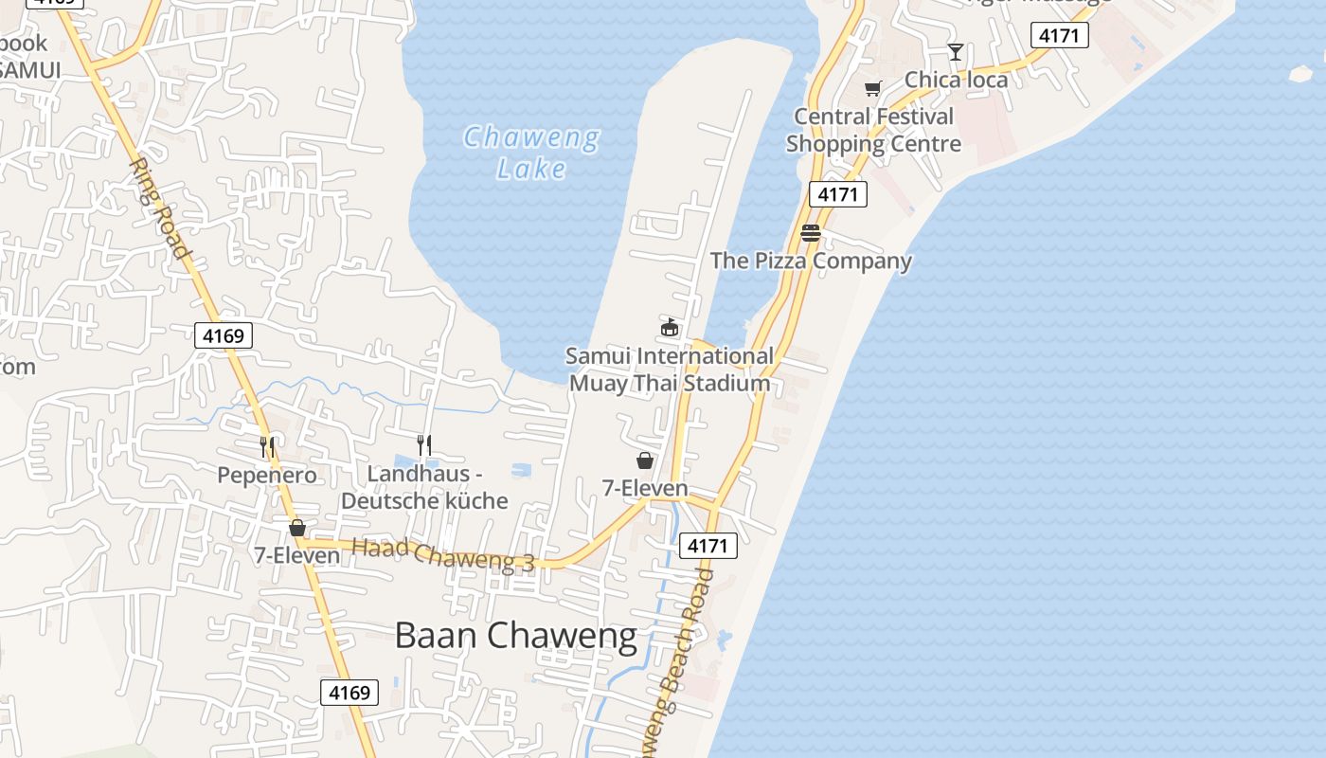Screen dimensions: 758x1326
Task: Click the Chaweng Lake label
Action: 531,153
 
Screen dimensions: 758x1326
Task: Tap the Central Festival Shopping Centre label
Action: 873,130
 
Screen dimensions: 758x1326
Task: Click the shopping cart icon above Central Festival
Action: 872,88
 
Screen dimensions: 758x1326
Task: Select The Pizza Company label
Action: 811,261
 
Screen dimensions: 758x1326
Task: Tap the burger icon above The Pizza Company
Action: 810,233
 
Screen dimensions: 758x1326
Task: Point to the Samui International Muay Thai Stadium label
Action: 670,370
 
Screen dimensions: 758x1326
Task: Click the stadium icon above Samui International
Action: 670,328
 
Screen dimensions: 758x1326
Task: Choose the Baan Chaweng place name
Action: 516,635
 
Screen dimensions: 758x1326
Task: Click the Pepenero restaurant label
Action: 267,475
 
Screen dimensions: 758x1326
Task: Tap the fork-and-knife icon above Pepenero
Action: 267,446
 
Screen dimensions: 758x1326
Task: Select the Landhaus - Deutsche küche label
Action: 424,487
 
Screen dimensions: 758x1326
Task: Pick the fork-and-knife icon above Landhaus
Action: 424,444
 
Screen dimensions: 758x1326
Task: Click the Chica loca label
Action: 956,80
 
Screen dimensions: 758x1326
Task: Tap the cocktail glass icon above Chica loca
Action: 956,52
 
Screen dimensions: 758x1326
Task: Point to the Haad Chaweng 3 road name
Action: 443,554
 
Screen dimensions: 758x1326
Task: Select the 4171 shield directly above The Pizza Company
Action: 838,194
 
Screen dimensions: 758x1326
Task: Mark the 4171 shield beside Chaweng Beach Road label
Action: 708,546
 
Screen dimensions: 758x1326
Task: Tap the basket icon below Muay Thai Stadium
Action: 645,460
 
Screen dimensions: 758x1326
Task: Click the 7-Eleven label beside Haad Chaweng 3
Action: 296,555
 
